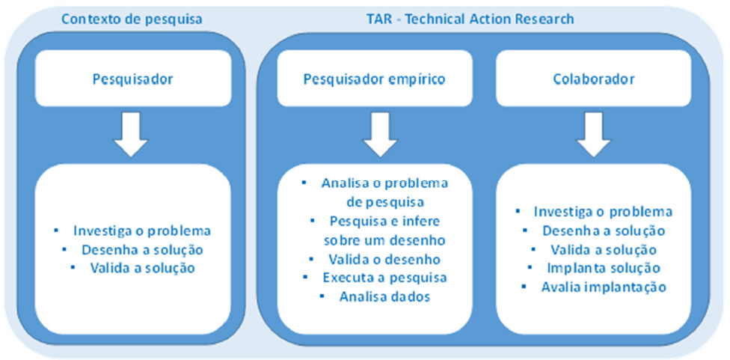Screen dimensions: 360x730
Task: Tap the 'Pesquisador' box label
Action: pos(132,78)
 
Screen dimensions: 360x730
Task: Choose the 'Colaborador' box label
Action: pos(593,78)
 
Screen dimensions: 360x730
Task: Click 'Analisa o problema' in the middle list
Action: pos(384,183)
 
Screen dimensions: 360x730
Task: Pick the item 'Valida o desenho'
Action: pos(384,259)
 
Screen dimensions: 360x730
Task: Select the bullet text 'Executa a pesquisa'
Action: pos(384,278)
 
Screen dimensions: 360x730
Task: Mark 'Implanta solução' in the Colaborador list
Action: pos(603,268)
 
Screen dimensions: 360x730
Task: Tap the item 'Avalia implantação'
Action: pos(603,287)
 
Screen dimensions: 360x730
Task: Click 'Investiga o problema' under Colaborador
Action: pos(603,212)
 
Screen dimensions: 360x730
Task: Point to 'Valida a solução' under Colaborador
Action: pos(603,249)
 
